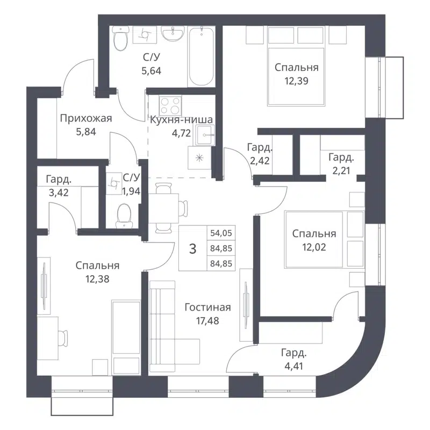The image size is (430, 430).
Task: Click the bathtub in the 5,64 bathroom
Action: click(x=202, y=56)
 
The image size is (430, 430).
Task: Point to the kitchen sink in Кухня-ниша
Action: click(x=205, y=135)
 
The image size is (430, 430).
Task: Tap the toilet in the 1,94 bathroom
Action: click(x=123, y=215)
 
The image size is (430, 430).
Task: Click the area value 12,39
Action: click(x=296, y=80)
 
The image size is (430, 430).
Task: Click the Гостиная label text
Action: click(x=207, y=307)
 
